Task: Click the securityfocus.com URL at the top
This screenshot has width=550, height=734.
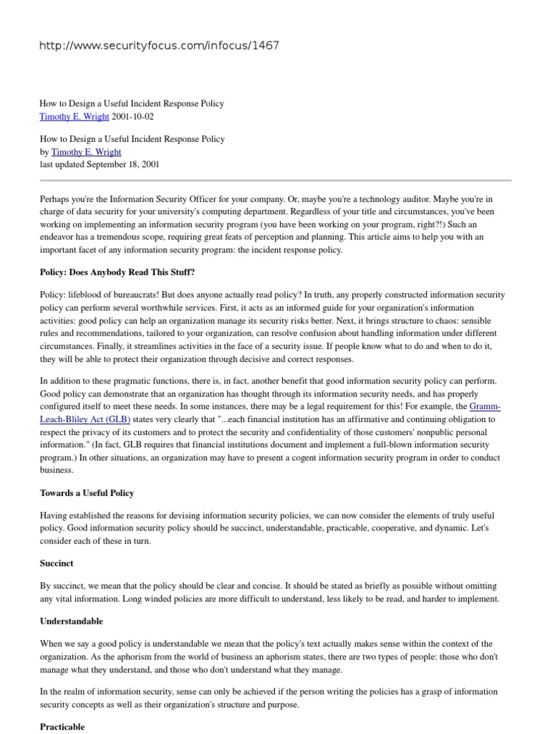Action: click(159, 46)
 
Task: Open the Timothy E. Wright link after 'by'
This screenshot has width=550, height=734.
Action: click(86, 152)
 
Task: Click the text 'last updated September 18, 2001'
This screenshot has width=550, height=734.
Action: click(99, 164)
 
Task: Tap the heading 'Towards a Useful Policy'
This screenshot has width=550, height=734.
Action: click(87, 493)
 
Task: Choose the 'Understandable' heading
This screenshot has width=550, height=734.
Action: click(72, 621)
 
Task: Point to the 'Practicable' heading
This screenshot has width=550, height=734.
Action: click(62, 726)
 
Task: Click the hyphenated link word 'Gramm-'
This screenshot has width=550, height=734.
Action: click(484, 407)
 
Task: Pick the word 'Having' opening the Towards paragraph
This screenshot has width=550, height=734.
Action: click(54, 516)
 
